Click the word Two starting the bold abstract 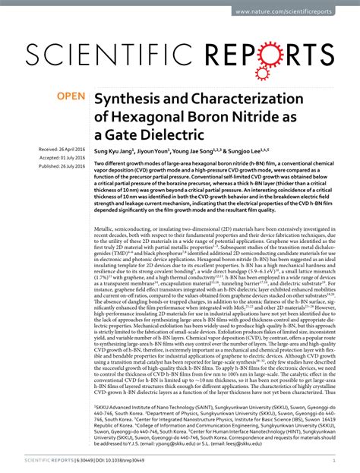(x=99, y=164)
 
